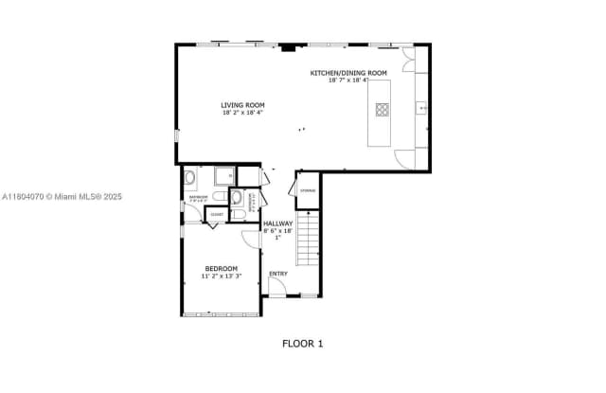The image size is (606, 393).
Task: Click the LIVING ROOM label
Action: click(x=242, y=105)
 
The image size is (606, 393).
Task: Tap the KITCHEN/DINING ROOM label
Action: click(x=348, y=73)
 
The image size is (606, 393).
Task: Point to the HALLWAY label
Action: click(x=277, y=223)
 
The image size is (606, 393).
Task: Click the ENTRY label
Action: click(x=277, y=275)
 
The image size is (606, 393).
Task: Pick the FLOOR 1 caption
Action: click(x=302, y=344)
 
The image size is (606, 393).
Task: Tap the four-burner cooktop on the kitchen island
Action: click(x=382, y=109)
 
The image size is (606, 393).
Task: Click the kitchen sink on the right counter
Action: click(x=421, y=109)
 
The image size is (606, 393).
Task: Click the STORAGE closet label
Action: click(x=308, y=190)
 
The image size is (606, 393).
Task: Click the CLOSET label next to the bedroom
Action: click(x=217, y=215)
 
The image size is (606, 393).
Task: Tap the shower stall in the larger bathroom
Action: click(x=225, y=176)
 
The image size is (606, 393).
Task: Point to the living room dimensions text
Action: click(x=242, y=113)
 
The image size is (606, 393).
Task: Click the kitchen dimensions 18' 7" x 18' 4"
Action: click(x=348, y=80)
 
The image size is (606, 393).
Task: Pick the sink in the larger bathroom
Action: click(x=190, y=177)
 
